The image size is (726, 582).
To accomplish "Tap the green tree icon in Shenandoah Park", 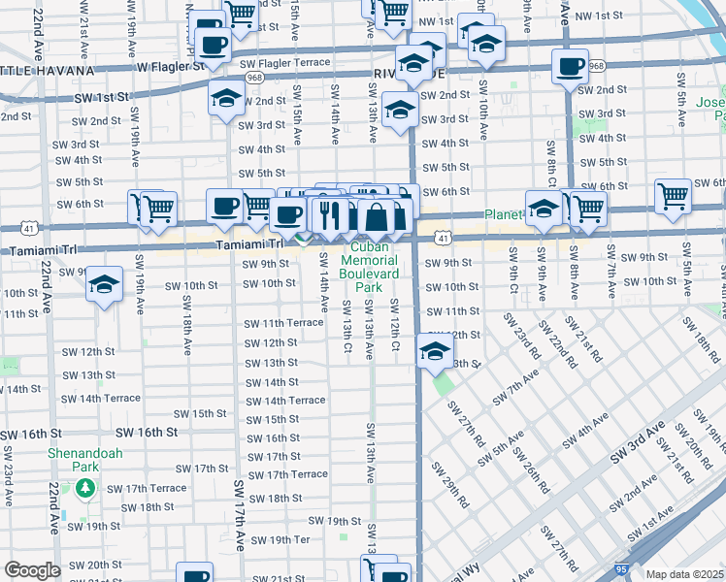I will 86,487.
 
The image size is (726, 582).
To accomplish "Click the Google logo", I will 32,570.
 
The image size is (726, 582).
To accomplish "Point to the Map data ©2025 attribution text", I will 685,574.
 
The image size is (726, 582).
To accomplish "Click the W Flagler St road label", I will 171,67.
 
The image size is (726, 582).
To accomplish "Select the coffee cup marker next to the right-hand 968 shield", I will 570,67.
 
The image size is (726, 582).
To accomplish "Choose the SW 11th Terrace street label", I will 283,323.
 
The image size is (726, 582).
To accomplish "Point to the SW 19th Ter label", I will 280,539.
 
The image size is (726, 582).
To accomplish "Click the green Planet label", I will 505,214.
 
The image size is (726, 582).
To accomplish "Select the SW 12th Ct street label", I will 395,326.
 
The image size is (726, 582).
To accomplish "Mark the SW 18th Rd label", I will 705,345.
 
